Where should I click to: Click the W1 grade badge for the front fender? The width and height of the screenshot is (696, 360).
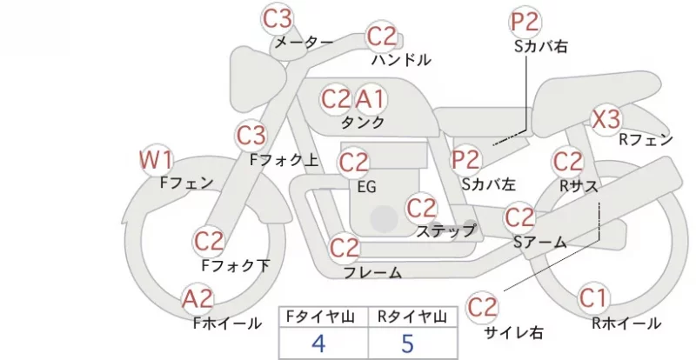click(x=156, y=160)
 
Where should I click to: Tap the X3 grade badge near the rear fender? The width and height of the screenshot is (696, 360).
click(x=606, y=119)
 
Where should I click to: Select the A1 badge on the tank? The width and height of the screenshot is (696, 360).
click(x=370, y=99)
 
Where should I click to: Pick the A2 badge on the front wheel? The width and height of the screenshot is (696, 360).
click(x=197, y=299)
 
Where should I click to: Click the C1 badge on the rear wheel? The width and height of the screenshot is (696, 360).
click(x=593, y=298)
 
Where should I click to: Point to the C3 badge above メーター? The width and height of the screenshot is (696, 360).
click(x=278, y=18)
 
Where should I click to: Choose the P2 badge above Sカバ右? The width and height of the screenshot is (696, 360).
click(x=525, y=23)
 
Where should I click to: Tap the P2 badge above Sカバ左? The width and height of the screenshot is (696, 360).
click(x=466, y=159)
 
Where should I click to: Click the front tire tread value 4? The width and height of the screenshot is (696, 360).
click(x=318, y=343)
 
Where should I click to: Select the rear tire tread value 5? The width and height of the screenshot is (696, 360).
click(x=407, y=343)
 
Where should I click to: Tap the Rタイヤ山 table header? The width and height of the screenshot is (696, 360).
click(x=412, y=317)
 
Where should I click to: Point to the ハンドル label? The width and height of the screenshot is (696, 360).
click(x=401, y=60)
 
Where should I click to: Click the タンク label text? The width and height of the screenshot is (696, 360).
click(x=363, y=122)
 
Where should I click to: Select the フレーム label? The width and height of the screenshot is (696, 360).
click(x=373, y=272)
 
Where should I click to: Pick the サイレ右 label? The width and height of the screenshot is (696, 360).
click(x=513, y=332)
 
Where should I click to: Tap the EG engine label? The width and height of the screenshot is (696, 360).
click(x=367, y=187)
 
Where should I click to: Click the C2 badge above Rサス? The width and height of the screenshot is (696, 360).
click(x=568, y=161)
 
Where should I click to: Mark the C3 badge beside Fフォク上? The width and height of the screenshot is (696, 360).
click(x=251, y=136)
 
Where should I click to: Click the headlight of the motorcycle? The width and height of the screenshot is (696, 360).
click(x=257, y=78)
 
